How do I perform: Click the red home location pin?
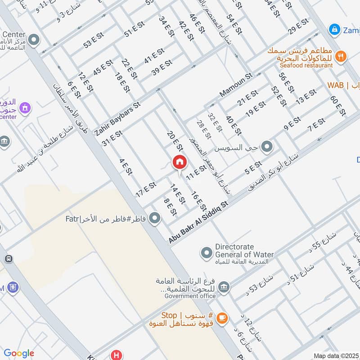point(180,162)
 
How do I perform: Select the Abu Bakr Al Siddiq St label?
point(199,223)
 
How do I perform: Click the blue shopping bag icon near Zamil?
point(334,30)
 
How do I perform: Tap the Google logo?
point(18,353)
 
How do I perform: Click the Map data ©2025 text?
point(337,355)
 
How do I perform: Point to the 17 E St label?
point(146,189)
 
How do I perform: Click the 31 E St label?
point(112,138)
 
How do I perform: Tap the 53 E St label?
point(94,41)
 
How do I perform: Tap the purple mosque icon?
point(26,108)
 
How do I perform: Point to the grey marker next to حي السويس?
point(267,147)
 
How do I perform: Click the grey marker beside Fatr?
point(155,219)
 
